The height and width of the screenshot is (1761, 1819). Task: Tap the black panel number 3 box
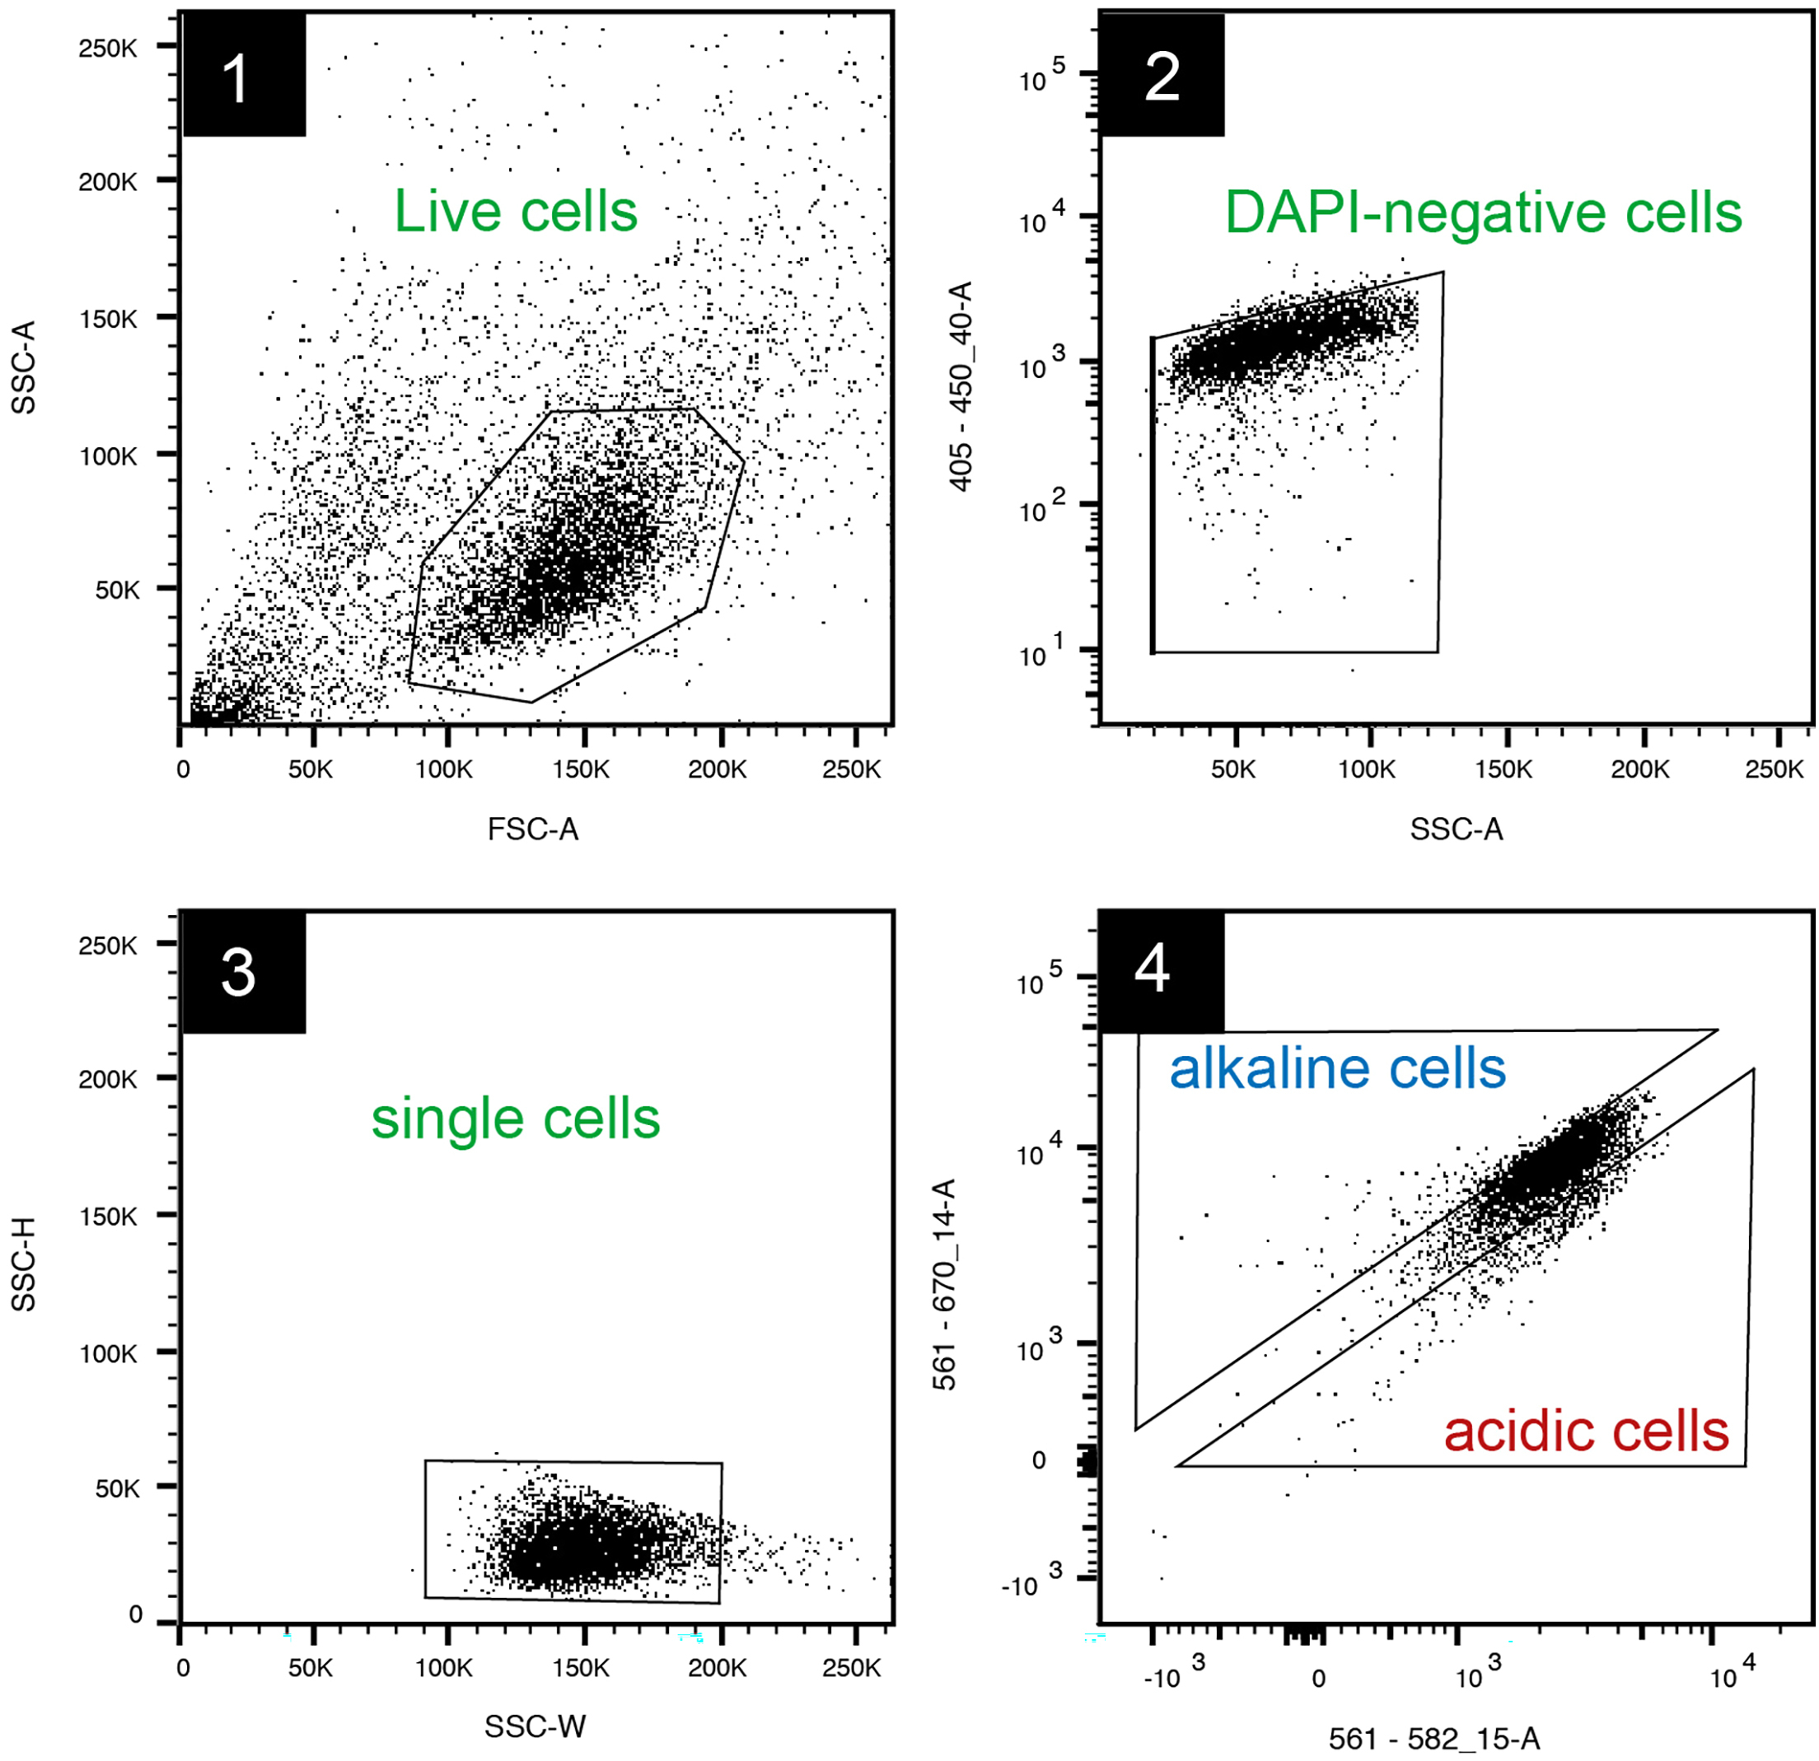click(x=242, y=974)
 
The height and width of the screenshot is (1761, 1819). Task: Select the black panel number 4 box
click(x=1160, y=971)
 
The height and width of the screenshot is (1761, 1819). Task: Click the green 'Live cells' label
click(x=516, y=212)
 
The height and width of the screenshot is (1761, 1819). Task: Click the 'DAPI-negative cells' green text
click(x=1483, y=213)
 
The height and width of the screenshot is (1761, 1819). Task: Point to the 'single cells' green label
click(x=516, y=1119)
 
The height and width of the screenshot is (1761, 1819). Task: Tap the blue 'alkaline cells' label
click(x=1337, y=1069)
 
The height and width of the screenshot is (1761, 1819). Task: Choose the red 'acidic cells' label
click(x=1586, y=1431)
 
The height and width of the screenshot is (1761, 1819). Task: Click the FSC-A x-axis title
click(x=533, y=829)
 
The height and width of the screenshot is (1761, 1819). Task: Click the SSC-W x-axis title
click(x=535, y=1726)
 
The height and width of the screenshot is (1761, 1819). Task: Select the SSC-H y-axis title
click(x=23, y=1264)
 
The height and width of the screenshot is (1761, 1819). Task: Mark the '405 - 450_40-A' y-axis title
click(x=961, y=386)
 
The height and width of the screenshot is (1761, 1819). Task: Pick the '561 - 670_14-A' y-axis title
click(x=944, y=1285)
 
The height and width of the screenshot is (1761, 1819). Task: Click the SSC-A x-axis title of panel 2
click(x=1455, y=829)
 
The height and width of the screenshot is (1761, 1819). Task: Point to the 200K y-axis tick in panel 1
click(x=108, y=182)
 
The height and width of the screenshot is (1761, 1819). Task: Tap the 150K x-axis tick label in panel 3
click(x=580, y=1668)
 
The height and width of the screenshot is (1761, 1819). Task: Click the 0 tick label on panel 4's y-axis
click(x=1039, y=1460)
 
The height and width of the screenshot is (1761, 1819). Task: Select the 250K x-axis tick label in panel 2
click(x=1774, y=769)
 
